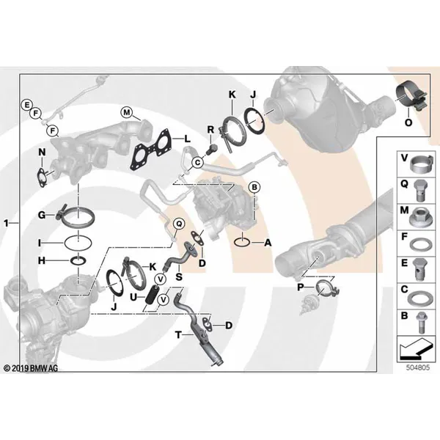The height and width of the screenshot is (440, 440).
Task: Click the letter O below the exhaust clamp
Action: [x=408, y=122]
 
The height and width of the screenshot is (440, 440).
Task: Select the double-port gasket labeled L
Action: [x=150, y=150]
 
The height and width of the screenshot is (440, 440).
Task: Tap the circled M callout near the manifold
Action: [x=127, y=113]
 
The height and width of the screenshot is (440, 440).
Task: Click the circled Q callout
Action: [x=179, y=224]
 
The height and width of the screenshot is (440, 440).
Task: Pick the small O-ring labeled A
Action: [x=242, y=243]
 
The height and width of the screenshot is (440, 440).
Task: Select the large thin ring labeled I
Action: [x=78, y=243]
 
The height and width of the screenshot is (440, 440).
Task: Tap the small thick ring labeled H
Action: [x=78, y=260]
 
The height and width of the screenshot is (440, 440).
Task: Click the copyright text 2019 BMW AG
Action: [x=31, y=368]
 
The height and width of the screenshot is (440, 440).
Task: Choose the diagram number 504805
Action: [x=418, y=367]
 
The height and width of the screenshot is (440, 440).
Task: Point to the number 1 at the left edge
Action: [x=6, y=224]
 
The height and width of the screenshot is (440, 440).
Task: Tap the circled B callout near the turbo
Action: [x=254, y=187]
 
